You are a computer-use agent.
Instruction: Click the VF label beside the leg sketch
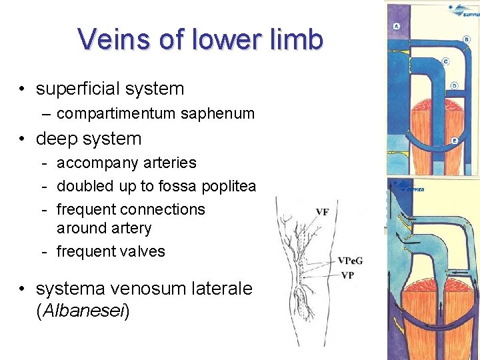click(322, 213)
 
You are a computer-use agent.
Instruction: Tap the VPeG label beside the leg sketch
click(351, 261)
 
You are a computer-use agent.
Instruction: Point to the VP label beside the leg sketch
click(347, 275)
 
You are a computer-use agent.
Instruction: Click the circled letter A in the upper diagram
click(397, 27)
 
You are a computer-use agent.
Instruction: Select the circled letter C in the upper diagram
click(445, 61)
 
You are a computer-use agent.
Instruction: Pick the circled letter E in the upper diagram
click(454, 141)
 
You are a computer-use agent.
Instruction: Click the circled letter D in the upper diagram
click(454, 86)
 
